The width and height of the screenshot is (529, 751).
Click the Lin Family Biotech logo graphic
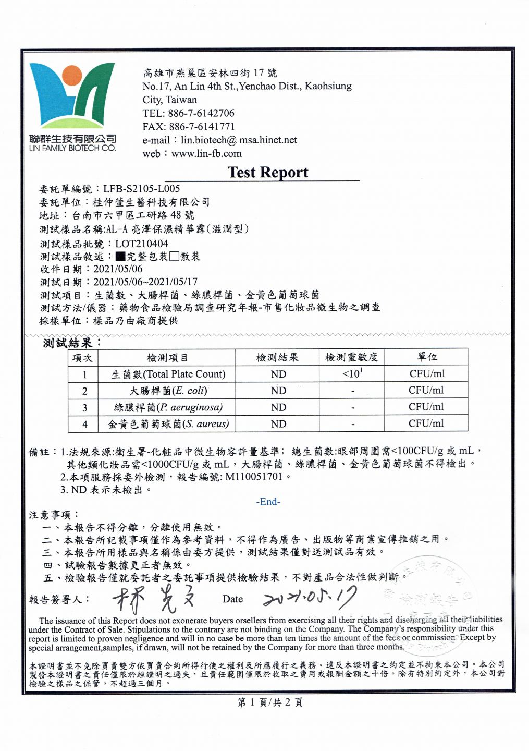(72, 96)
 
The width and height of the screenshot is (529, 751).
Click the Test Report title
(268, 172)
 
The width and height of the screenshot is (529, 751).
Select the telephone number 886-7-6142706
(201, 113)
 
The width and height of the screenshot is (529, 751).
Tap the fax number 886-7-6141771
(202, 127)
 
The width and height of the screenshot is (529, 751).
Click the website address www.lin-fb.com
(206, 154)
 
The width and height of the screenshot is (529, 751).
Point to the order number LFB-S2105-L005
(141, 189)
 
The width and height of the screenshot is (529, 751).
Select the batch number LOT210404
(142, 244)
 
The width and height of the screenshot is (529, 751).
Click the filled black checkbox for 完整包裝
(120, 257)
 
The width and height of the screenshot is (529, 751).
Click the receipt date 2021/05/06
(118, 269)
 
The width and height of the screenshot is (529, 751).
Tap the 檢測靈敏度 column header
(351, 357)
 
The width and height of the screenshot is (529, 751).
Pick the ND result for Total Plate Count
(278, 374)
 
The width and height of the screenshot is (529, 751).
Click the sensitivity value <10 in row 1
(352, 373)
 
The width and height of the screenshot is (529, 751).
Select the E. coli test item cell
(168, 391)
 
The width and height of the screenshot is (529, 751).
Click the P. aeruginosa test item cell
(168, 407)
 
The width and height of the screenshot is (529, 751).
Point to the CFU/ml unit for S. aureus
(426, 423)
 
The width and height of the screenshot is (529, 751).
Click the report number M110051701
(254, 477)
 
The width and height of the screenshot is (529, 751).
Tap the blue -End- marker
(268, 502)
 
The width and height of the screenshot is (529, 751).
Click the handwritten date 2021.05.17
(310, 598)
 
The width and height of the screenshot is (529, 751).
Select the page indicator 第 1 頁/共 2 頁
(270, 702)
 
